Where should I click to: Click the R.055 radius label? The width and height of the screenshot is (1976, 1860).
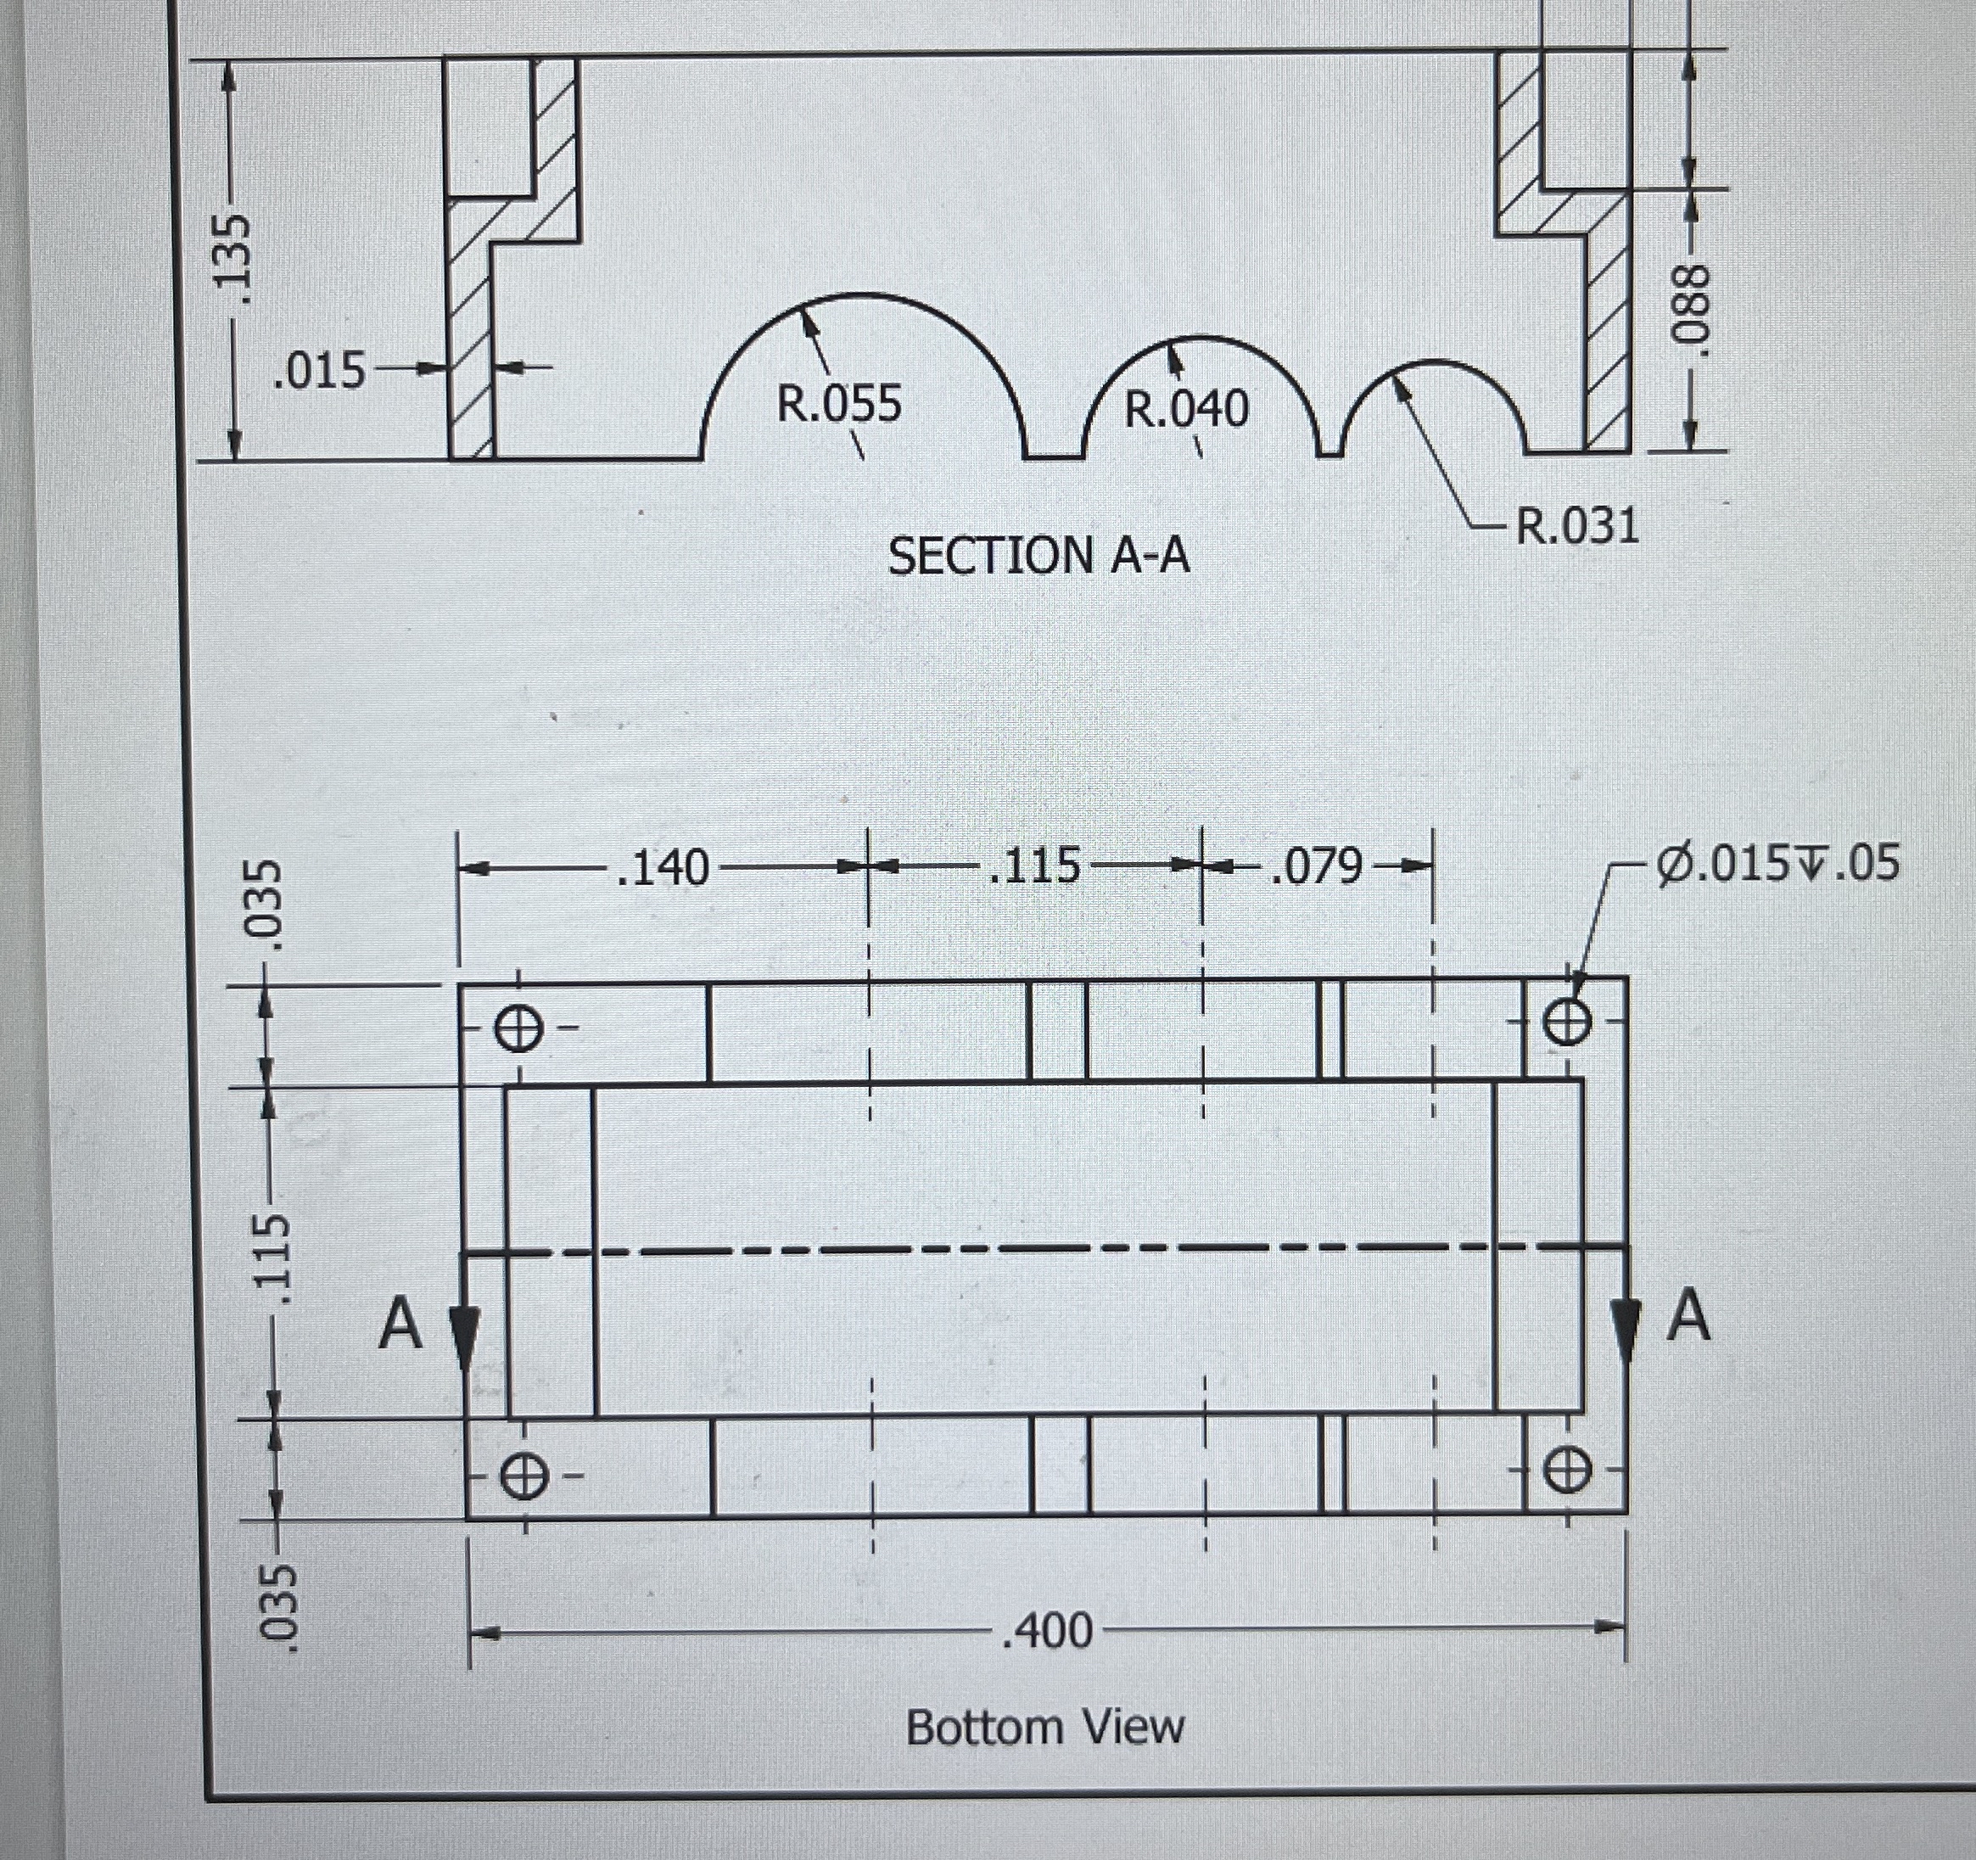pos(838,405)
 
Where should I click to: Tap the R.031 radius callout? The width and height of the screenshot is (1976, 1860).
pos(1576,526)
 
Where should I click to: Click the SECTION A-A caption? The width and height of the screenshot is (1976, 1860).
pos(1038,555)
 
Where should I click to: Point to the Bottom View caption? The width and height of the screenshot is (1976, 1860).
pos(1044,1727)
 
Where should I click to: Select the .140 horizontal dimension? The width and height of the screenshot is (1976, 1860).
pos(662,867)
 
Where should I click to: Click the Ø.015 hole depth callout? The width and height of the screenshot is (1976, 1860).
pos(1777,863)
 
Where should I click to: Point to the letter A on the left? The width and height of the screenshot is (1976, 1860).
pos(400,1325)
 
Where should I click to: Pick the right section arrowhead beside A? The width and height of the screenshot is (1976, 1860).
pos(1624,1325)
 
